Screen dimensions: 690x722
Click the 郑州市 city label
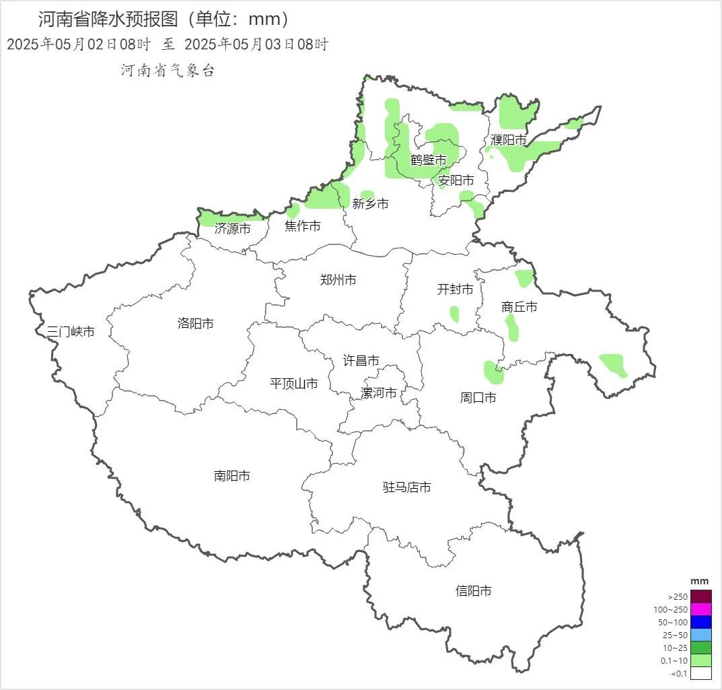338,280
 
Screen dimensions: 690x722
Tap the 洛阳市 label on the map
196,323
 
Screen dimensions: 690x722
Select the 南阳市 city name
232,476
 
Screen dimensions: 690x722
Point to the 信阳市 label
474,590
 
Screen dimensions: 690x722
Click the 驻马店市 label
407,487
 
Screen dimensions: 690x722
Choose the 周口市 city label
478,398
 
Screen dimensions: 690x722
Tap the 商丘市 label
519,307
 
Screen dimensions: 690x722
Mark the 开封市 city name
456,289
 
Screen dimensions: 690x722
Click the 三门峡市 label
71,331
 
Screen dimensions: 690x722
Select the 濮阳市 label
509,140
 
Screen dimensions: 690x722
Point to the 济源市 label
233,229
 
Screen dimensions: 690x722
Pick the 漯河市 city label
379,393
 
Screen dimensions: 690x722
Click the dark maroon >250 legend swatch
700,596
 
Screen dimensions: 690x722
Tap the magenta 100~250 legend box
700,609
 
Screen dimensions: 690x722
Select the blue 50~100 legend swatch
700,622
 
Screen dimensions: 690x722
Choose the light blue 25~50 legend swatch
700,635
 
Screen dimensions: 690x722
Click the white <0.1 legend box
700,673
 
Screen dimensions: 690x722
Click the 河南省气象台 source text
168,71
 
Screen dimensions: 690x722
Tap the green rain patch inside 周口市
492,371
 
